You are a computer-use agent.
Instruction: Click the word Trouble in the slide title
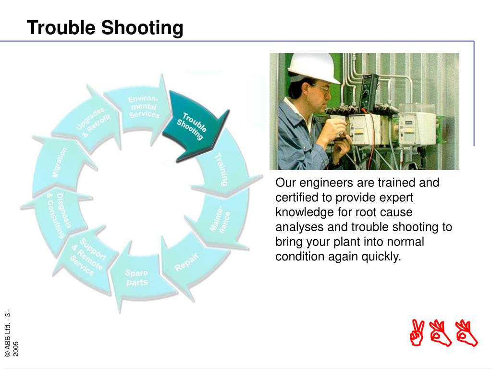(61, 27)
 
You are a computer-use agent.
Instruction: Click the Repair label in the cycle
(187, 262)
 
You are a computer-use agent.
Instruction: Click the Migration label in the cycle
(59, 162)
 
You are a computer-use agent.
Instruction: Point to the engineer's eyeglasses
(321, 88)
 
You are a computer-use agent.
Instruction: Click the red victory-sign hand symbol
(417, 332)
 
